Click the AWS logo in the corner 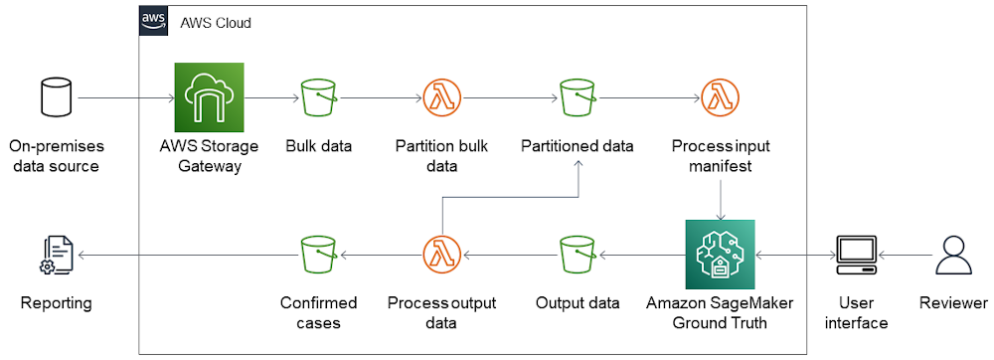click(x=153, y=21)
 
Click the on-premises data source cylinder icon click(x=54, y=98)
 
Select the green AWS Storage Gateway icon click(x=209, y=97)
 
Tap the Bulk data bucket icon click(x=318, y=98)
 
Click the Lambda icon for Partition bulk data click(x=439, y=98)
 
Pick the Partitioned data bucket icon click(x=577, y=98)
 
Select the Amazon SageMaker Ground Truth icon click(x=720, y=255)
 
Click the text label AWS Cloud click(x=216, y=22)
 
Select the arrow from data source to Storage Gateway click(x=125, y=98)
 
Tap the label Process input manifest click(x=720, y=156)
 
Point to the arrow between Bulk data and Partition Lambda click(x=379, y=98)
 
